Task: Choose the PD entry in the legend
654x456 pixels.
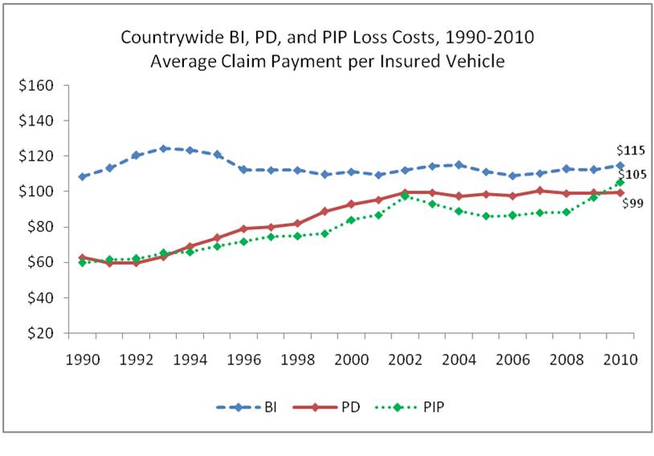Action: point(337,406)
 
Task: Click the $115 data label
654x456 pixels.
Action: point(630,150)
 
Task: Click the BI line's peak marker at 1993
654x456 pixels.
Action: point(163,148)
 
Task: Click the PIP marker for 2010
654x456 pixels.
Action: point(620,182)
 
